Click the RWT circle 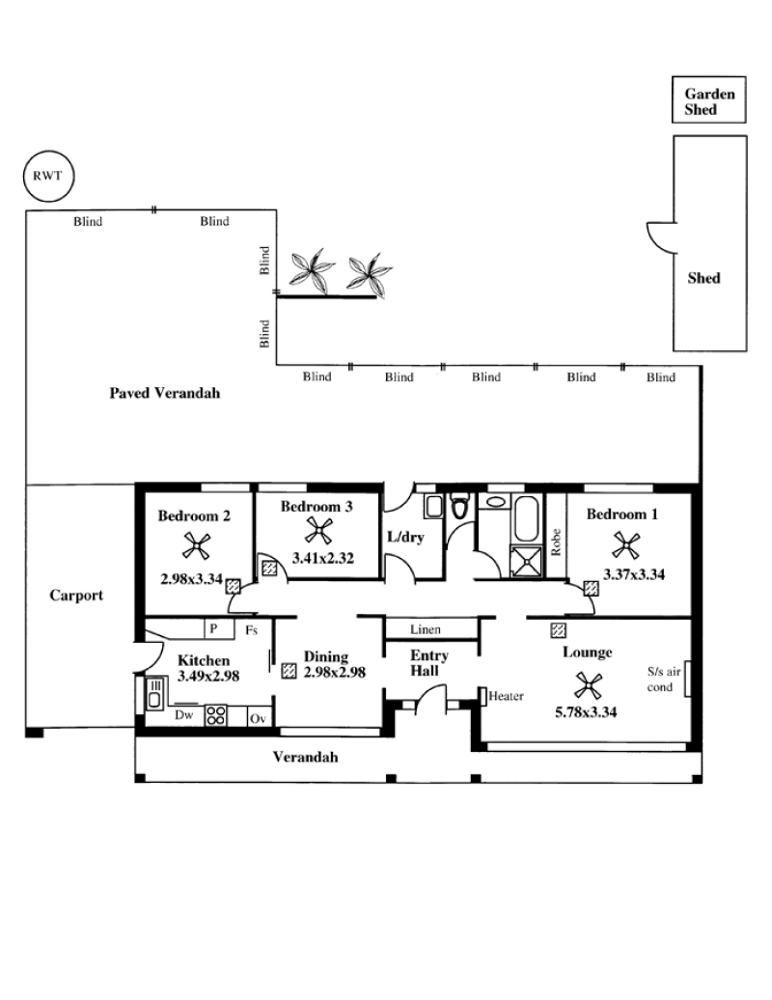point(48,151)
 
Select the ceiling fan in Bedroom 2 point(196,546)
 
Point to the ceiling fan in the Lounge point(588,685)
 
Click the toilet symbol point(459,506)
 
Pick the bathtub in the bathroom point(526,517)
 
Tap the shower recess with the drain point(527,561)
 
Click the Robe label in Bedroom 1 point(556,542)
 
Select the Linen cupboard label point(426,629)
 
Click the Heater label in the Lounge point(507,696)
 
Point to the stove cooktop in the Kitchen point(215,715)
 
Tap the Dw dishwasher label point(183,715)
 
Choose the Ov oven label point(258,719)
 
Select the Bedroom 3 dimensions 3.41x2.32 point(322,558)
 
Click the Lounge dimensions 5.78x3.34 point(586,712)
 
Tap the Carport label point(76,596)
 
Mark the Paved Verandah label point(164,393)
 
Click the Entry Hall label point(429,662)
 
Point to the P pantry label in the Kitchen point(213,628)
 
